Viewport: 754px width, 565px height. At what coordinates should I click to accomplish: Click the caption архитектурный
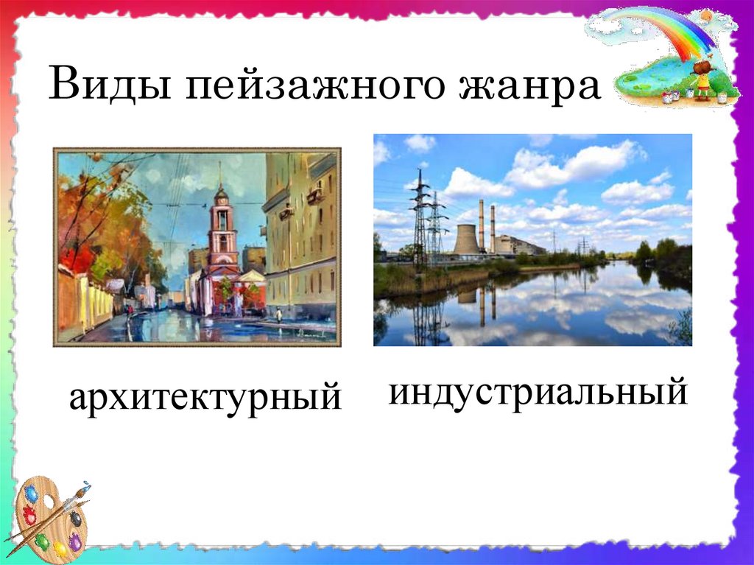click(205, 398)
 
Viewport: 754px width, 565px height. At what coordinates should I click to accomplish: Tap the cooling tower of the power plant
click(468, 239)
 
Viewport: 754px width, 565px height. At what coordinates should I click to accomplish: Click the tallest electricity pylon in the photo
click(420, 219)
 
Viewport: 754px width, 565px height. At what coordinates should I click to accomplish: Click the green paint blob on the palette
click(42, 542)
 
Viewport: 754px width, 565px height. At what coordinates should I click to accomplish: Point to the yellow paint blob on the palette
click(60, 550)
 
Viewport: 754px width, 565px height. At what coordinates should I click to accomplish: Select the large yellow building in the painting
click(300, 236)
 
